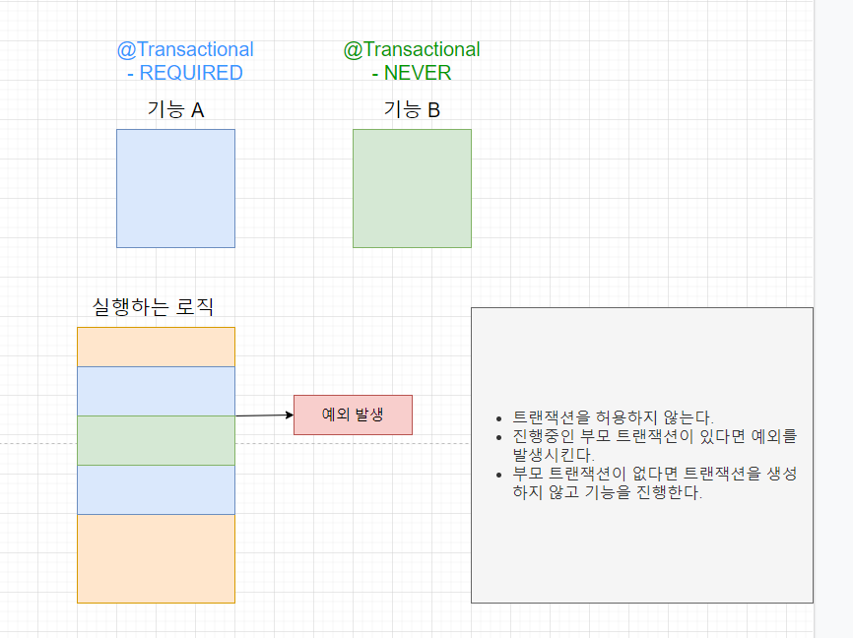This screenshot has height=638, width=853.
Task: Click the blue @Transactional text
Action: [185, 49]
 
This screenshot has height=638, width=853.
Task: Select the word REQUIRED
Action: [191, 73]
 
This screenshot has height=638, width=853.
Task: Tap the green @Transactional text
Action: [412, 49]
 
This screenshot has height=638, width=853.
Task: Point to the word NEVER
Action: [418, 73]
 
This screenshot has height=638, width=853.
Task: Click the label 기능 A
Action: [175, 109]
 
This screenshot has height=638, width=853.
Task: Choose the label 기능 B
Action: [412, 109]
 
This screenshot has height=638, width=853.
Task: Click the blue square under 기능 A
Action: [175, 188]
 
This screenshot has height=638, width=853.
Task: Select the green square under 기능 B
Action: [412, 188]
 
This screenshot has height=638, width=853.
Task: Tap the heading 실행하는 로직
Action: [153, 307]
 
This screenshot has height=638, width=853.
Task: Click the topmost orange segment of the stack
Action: [156, 347]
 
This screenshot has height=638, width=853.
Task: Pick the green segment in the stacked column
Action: [156, 440]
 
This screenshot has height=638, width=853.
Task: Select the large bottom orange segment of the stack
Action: [156, 558]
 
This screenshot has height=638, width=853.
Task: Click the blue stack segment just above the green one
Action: [156, 391]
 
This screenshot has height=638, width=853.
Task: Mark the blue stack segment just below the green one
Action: [156, 489]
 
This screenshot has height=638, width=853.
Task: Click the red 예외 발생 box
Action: [353, 415]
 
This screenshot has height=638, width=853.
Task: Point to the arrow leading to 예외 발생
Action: [264, 415]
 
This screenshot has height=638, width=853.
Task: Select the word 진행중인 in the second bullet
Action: [542, 436]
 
